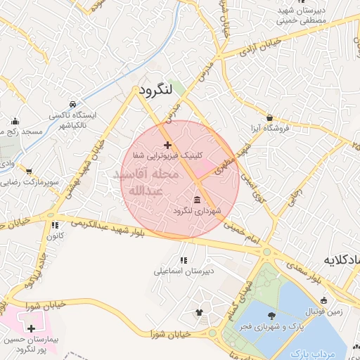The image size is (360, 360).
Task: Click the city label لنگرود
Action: point(156,91)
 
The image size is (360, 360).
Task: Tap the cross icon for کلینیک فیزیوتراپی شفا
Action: point(167,145)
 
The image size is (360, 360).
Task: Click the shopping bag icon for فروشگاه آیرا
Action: point(270,117)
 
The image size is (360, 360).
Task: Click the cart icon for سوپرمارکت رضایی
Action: point(29,171)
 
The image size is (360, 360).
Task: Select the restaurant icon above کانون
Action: point(54,226)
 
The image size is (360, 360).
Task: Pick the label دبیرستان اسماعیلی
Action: point(184,269)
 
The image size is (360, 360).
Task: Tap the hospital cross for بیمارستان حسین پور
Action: point(30,328)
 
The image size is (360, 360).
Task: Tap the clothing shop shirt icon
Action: point(199,312)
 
